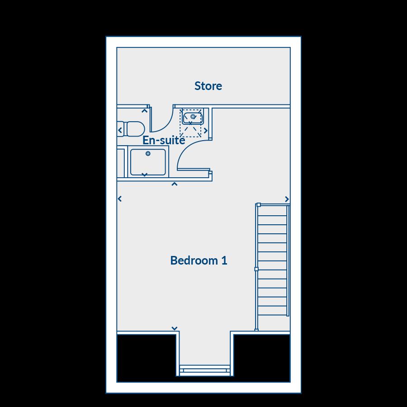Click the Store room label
(208, 85)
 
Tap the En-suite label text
(164, 140)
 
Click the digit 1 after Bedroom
(223, 260)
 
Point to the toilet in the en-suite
(133, 129)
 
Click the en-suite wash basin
(193, 117)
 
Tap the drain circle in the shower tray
(148, 154)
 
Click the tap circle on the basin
(193, 116)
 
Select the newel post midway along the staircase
(256, 269)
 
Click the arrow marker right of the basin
(206, 131)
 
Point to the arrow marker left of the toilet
(120, 130)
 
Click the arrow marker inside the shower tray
(145, 175)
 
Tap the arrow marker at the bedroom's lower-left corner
(175, 329)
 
